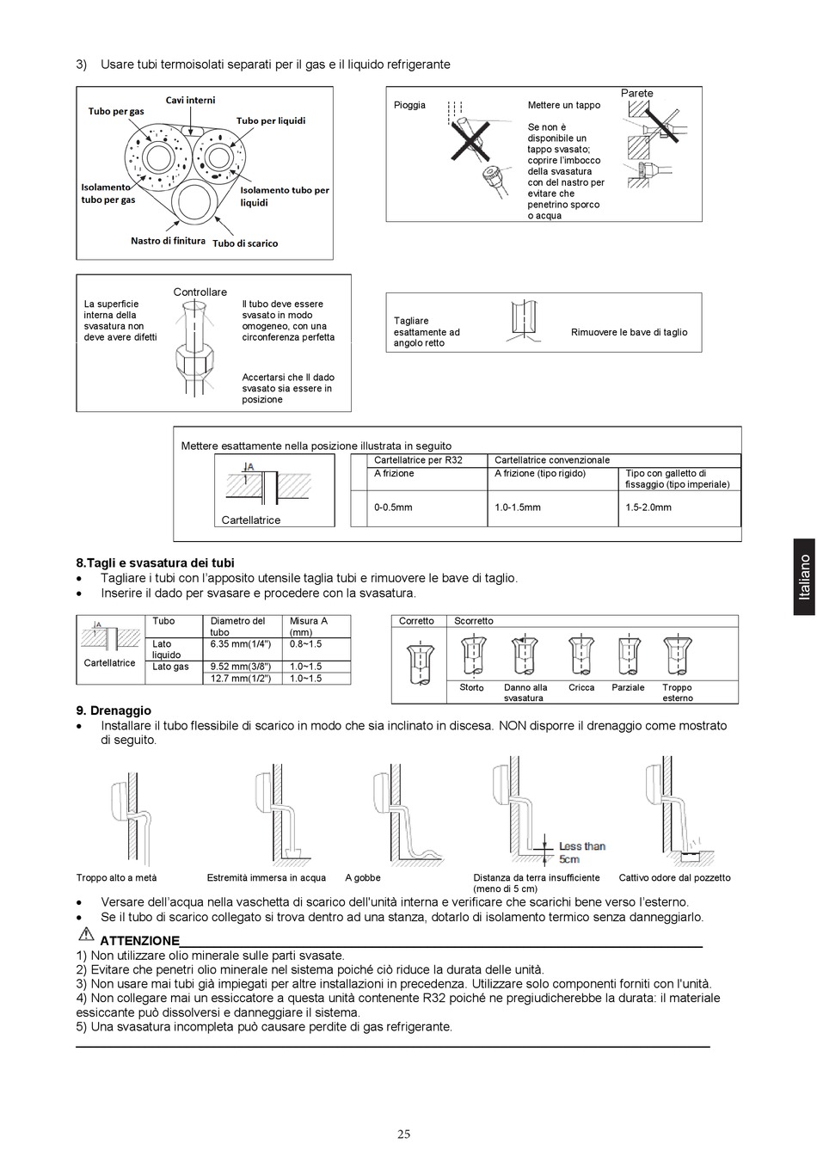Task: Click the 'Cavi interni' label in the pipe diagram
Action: click(x=190, y=101)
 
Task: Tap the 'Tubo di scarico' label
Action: click(x=245, y=243)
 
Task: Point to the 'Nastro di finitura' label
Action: click(x=168, y=241)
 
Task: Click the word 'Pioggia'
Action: click(x=409, y=105)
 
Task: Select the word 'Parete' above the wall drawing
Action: click(x=636, y=93)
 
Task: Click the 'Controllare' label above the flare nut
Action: click(x=200, y=292)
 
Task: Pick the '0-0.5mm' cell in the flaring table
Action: click(x=393, y=507)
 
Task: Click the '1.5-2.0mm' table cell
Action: click(x=648, y=507)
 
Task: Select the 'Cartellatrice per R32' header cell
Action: click(x=418, y=460)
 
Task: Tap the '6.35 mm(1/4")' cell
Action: click(x=241, y=643)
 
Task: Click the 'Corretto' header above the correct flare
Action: click(x=416, y=621)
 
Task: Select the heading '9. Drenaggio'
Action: click(x=114, y=710)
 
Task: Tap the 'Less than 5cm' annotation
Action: click(x=582, y=852)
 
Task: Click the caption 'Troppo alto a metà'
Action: click(x=116, y=878)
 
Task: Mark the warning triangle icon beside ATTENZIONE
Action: click(x=85, y=936)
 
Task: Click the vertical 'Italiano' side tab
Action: click(x=803, y=576)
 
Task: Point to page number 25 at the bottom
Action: click(x=403, y=1134)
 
